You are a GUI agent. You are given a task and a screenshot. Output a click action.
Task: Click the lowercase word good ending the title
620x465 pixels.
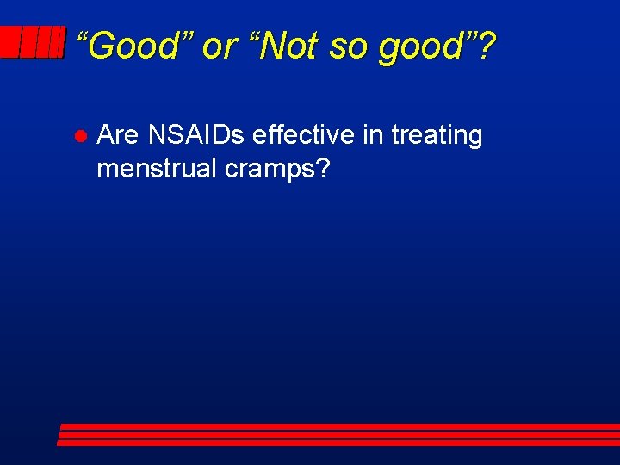421,48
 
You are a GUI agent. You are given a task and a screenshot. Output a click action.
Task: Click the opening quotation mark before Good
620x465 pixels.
82,38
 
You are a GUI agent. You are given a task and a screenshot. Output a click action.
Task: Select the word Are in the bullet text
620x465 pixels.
118,135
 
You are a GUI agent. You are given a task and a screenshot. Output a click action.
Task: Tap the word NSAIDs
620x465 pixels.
196,135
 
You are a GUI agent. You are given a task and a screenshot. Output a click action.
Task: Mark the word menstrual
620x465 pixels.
157,169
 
